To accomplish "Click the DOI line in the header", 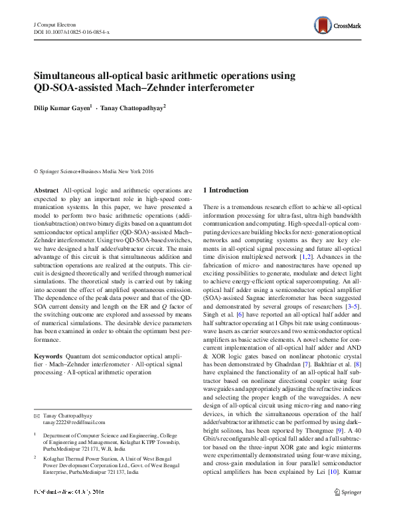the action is [72, 32].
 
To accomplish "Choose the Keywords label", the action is [48, 357].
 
